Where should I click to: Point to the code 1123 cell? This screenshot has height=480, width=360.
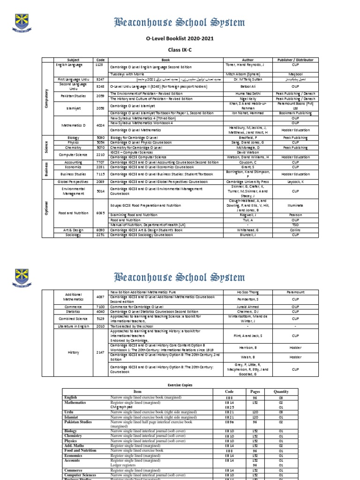point(100,65)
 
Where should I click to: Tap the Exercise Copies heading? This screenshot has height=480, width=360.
point(180,385)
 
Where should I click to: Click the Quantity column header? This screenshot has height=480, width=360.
point(281,391)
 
